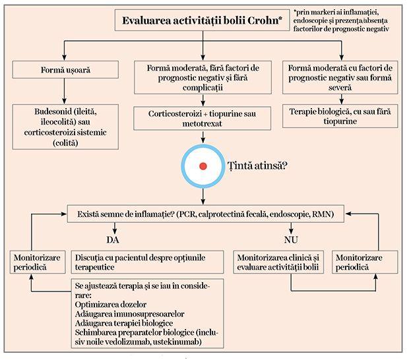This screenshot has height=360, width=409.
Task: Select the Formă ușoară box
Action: [x=56, y=69]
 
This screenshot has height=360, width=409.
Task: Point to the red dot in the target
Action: [x=203, y=165]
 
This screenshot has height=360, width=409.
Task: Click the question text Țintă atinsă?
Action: [x=257, y=165]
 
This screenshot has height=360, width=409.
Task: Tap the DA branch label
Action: [x=113, y=238]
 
